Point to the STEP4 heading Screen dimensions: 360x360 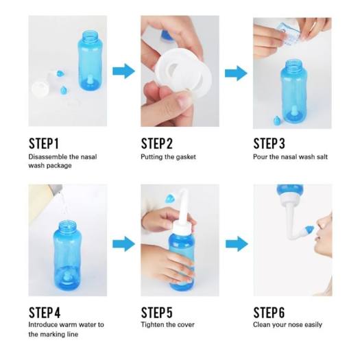tap(45, 311)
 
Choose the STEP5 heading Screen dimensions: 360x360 tap(157, 311)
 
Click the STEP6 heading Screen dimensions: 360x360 tap(270, 311)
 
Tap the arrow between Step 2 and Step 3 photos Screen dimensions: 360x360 tap(236, 72)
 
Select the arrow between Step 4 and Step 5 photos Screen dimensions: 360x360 tap(123, 243)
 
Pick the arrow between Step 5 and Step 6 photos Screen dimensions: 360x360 tap(236, 243)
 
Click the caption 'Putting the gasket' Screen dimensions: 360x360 tap(169, 157)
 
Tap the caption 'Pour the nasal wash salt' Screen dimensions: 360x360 tap(291, 157)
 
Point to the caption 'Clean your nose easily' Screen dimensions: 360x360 tap(287, 324)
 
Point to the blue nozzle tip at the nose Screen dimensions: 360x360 tap(310, 228)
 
